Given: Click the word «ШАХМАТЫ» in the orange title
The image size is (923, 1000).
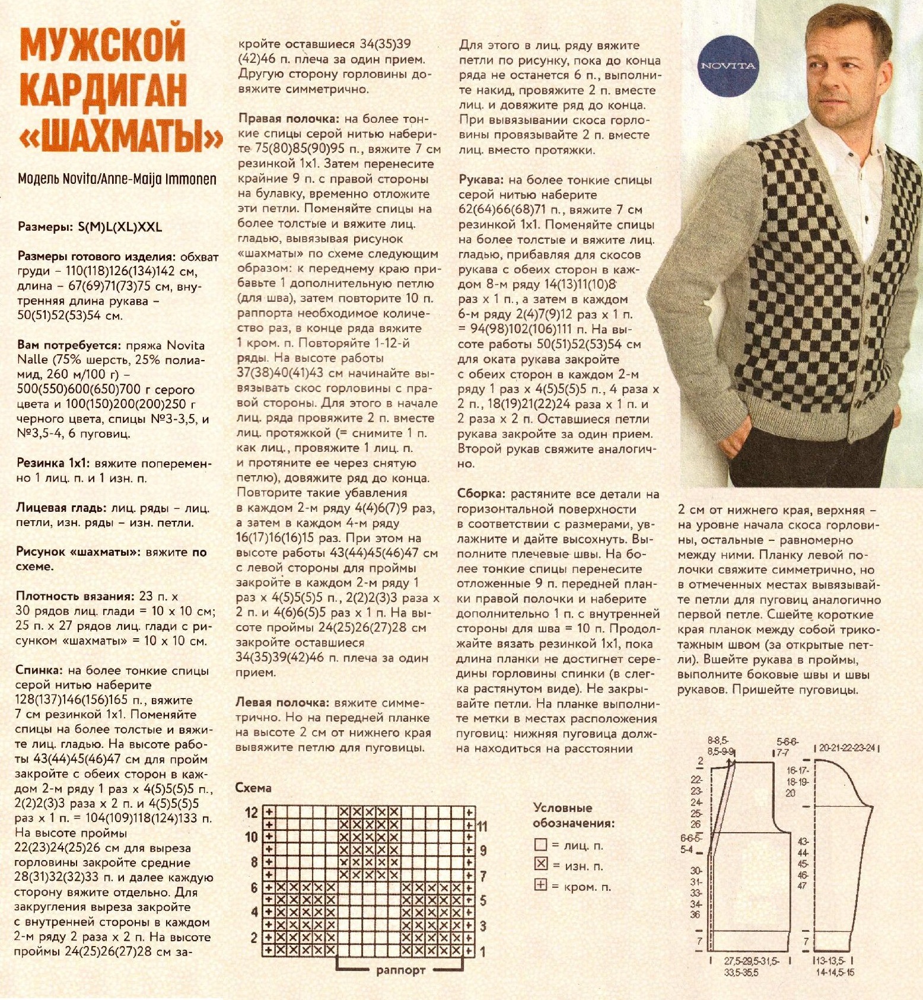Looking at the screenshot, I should pos(122,138).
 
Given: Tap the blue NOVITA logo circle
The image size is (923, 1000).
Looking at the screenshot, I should pos(728,66).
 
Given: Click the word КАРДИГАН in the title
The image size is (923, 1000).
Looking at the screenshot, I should pos(104,90).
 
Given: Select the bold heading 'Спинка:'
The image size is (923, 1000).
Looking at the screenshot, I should pos(39,670).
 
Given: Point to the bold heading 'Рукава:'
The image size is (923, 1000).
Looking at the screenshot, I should pos(481,180).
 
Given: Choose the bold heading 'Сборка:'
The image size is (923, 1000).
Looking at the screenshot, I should pos(481,493).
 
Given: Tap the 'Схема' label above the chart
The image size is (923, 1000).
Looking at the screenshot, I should pos(253,788).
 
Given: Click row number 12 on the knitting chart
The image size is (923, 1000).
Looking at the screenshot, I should pos(252,812).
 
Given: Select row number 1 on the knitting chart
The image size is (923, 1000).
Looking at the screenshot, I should pos(483,951).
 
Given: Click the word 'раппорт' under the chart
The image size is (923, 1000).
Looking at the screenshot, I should pos(400,970).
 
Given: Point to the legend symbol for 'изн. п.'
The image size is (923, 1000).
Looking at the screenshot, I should pos(540,864).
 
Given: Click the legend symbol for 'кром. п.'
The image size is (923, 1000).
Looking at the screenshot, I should pos(540,885).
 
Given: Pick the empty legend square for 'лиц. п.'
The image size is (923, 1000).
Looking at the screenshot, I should pos(540,844).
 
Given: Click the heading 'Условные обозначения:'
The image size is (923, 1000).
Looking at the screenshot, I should pos(572,815).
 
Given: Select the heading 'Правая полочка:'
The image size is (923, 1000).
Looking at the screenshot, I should pos(288,119).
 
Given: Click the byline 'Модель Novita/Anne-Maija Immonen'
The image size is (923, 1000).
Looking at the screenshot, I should pos(117,179).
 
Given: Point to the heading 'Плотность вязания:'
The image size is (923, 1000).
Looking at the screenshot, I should pos(75,596).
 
